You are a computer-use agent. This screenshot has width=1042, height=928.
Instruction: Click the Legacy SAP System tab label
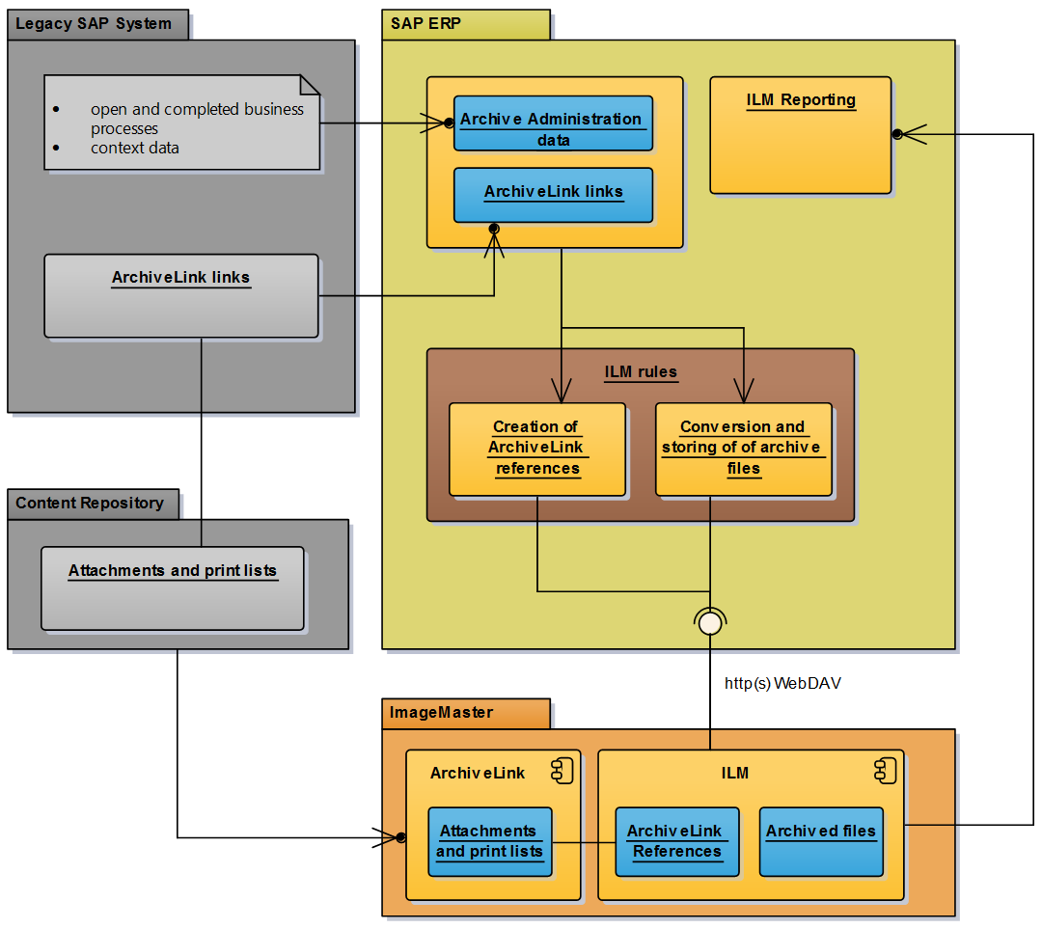(x=95, y=24)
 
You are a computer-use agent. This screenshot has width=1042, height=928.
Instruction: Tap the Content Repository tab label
(x=90, y=503)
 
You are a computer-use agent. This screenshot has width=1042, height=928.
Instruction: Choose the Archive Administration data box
(x=553, y=123)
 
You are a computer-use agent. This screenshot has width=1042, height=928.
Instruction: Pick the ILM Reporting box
(x=800, y=135)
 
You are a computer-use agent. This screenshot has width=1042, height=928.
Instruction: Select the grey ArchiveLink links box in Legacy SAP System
(x=181, y=295)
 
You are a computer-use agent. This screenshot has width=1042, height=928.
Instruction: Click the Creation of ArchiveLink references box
(x=537, y=450)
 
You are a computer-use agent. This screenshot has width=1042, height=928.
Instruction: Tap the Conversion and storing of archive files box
(x=743, y=450)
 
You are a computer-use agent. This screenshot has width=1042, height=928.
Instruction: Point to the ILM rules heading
(x=641, y=371)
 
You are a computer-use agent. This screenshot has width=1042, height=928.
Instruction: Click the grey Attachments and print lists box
(x=172, y=588)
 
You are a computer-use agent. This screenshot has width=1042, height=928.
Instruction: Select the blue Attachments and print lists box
(x=489, y=841)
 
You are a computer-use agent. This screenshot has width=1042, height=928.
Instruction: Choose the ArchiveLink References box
(x=676, y=841)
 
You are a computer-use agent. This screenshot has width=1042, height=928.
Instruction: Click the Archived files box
(x=820, y=841)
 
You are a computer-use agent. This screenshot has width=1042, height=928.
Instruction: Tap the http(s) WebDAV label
(x=783, y=683)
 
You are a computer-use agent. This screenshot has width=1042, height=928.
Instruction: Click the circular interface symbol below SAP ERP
(x=710, y=623)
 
